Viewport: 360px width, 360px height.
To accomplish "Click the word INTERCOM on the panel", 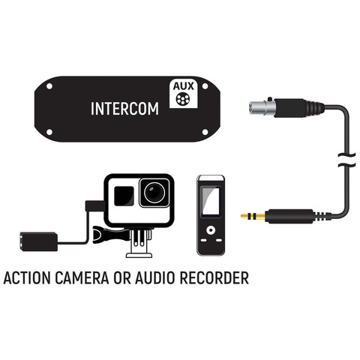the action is pos(124,109).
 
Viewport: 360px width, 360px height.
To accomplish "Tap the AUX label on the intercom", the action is pos(184,86).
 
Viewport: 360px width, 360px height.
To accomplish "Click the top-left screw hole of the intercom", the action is pos(49,86).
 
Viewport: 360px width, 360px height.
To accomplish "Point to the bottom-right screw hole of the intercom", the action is pos(205,132).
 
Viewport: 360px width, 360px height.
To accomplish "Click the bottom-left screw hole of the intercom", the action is pos(49,132).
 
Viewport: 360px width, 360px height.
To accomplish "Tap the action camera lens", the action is pos(154,193).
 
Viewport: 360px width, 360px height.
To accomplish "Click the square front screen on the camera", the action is pos(124,196).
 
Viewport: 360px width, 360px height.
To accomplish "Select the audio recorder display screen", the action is pos(211,201).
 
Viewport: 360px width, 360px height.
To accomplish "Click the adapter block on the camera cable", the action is pos(39,241).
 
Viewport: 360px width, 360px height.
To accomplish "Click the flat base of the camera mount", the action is pos(139,255).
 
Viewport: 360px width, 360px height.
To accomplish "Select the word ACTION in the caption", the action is pos(27,278).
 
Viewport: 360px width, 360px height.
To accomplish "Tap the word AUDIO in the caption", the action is pos(154,278).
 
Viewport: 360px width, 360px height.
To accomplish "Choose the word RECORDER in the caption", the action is pos(214,278).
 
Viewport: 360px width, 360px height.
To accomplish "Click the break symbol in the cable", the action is pos(346,160).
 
